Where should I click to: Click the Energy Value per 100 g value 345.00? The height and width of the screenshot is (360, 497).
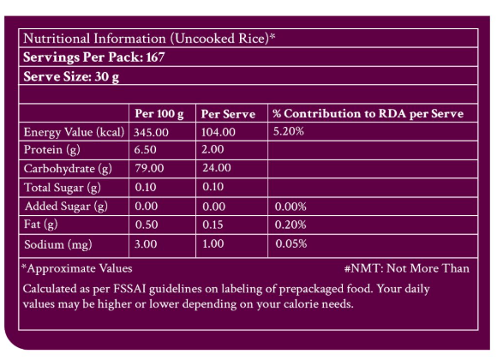(151, 132)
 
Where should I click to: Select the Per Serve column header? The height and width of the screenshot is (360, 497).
(228, 114)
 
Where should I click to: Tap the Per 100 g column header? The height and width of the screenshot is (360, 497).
(159, 114)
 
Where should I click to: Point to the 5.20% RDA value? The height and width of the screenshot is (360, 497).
(289, 131)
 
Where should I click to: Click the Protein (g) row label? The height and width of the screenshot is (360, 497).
(52, 150)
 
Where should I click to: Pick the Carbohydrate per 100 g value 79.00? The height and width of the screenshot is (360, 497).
(149, 168)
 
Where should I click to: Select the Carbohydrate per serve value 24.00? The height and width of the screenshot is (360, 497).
(217, 168)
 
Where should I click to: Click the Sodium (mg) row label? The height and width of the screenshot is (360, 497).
(58, 244)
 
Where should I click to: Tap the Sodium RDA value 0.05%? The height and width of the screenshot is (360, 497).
(291, 243)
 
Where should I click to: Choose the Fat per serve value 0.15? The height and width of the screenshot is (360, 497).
(213, 225)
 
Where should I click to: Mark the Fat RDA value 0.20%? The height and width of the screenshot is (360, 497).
(290, 225)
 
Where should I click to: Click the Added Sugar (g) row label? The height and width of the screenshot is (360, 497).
(66, 207)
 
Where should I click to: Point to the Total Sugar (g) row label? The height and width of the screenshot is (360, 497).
(63, 188)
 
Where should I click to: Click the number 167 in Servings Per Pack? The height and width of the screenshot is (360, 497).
(155, 57)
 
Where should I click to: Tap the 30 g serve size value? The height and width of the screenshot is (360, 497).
(107, 77)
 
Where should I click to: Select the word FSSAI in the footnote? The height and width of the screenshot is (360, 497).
(129, 289)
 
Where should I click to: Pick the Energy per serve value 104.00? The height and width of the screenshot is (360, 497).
(219, 132)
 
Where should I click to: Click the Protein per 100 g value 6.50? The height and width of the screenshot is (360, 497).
(145, 150)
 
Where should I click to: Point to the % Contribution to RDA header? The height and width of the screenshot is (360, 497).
(368, 113)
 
